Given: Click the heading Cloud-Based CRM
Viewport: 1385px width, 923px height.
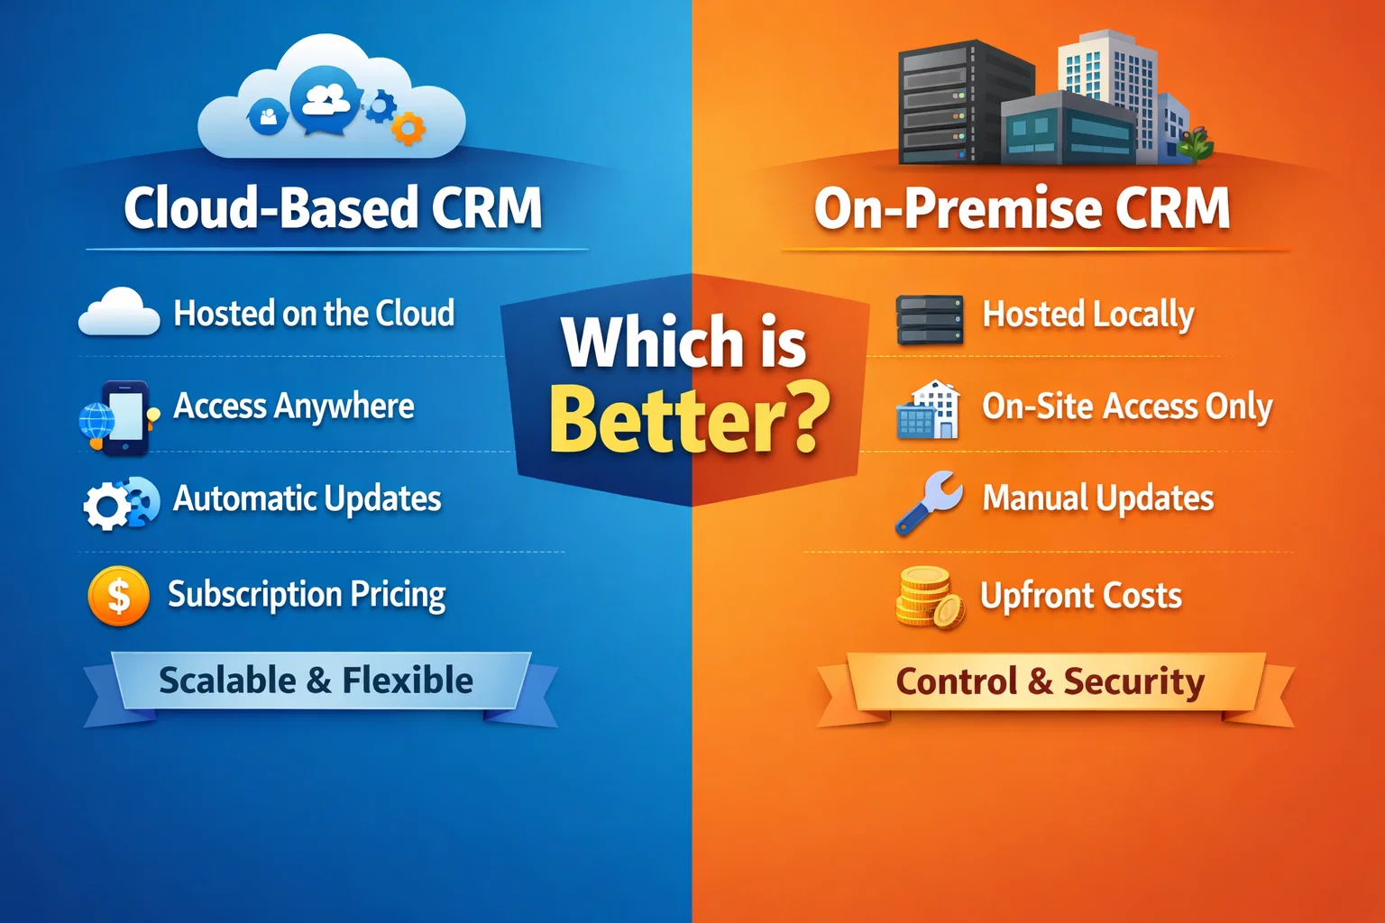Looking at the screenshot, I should point(333,208).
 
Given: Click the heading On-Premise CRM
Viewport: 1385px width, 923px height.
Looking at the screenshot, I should point(1022,208).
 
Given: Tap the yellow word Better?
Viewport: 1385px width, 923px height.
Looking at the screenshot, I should point(689,420).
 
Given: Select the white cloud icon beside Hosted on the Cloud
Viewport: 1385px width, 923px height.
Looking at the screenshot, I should point(119,312).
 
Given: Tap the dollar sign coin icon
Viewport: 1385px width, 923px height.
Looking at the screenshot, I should point(118,596).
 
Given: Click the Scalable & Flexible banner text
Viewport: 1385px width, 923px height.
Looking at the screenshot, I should point(316,681).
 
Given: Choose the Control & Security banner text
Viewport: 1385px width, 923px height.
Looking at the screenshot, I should point(1050,681).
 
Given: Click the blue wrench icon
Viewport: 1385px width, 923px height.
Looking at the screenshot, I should point(929,501).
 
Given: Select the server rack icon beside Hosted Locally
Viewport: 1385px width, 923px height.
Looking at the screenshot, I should point(930,320).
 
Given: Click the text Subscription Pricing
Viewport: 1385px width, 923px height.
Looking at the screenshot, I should point(307,595).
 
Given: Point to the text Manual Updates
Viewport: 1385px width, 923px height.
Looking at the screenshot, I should point(1097,498).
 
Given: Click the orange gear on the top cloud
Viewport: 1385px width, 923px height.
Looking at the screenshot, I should point(408,129).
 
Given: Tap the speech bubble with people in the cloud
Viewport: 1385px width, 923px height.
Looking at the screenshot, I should point(326,101).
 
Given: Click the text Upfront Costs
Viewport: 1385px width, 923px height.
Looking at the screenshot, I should point(1080,596).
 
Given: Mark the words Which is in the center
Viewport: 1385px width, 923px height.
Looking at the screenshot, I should point(683,342).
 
